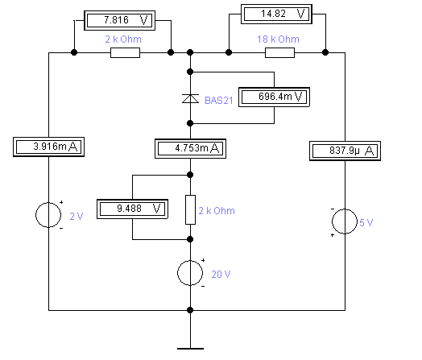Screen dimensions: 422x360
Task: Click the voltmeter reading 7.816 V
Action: pyautogui.click(x=119, y=20)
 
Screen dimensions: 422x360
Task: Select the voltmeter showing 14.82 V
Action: pyautogui.click(x=276, y=14)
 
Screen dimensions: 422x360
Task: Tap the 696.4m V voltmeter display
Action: pyautogui.click(x=275, y=97)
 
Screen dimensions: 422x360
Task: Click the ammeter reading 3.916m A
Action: pyautogui.click(x=48, y=147)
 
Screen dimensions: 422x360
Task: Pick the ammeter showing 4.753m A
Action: pyautogui.click(x=190, y=148)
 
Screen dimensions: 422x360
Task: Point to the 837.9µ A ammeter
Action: pyautogui.click(x=345, y=151)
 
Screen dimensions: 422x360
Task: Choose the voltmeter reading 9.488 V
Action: pyautogui.click(x=132, y=209)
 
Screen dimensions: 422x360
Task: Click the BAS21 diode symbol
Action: pyautogui.click(x=190, y=99)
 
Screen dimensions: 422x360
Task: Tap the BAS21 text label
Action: pyautogui.click(x=219, y=101)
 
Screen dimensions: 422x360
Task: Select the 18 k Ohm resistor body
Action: pyautogui.click(x=279, y=52)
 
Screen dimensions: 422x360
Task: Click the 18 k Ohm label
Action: pyautogui.click(x=278, y=39)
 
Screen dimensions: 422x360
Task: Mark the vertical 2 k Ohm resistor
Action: pyautogui.click(x=190, y=209)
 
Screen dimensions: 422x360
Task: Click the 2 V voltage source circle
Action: pyautogui.click(x=48, y=215)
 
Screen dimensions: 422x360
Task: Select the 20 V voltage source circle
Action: pyautogui.click(x=190, y=273)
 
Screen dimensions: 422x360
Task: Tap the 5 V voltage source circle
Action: pyautogui.click(x=345, y=221)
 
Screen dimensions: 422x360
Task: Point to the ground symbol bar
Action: pyautogui.click(x=190, y=349)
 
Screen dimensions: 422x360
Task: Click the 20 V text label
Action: pyautogui.click(x=221, y=275)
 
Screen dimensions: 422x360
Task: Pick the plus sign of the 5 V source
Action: pyautogui.click(x=333, y=235)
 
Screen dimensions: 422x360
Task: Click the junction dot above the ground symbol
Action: pyautogui.click(x=190, y=310)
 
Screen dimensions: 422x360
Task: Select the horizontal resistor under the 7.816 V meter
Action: pyautogui.click(x=125, y=52)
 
